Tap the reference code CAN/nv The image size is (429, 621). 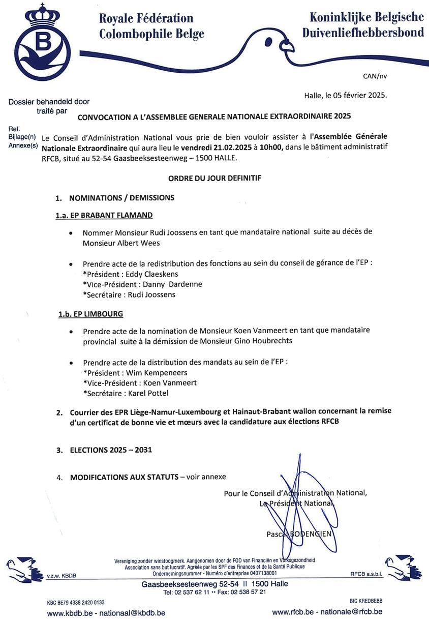point(375,76)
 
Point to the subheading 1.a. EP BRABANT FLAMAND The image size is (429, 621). point(104,216)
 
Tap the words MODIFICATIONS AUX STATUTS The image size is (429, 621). point(124,477)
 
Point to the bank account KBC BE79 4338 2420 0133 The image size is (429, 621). point(76,602)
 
